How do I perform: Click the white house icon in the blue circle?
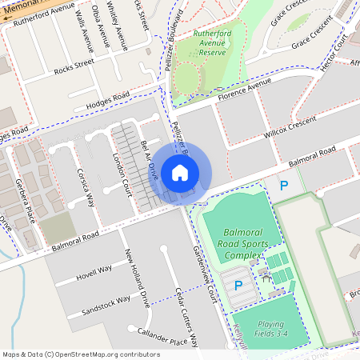(x=180, y=171)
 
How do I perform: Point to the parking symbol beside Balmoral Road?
(x=283, y=186)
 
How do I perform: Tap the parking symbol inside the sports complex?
(x=237, y=286)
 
